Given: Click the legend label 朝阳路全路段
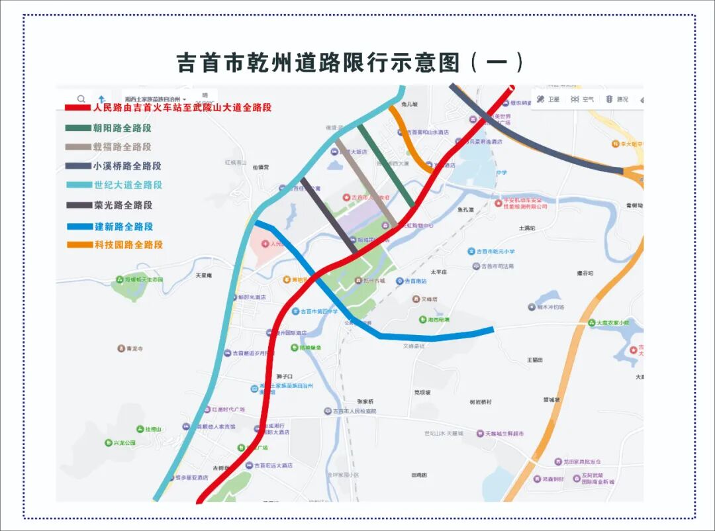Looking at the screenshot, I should pyautogui.click(x=122, y=128).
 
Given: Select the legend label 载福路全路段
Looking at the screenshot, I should pyautogui.click(x=122, y=147).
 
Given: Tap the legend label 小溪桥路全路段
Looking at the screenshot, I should pyautogui.click(x=127, y=166).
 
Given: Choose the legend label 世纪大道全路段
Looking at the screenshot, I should pyautogui.click(x=128, y=185).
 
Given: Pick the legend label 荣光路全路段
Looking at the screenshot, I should pyautogui.click(x=123, y=205).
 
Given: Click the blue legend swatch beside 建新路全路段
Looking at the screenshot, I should pyautogui.click(x=79, y=226).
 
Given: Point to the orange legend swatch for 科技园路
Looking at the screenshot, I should pyautogui.click(x=79, y=245).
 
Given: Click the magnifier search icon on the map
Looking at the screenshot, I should pyautogui.click(x=81, y=99).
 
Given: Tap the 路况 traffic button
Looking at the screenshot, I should pyautogui.click(x=617, y=99).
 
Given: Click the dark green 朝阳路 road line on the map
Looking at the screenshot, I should pyautogui.click(x=387, y=166).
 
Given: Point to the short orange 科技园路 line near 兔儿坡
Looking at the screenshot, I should pyautogui.click(x=406, y=136).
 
